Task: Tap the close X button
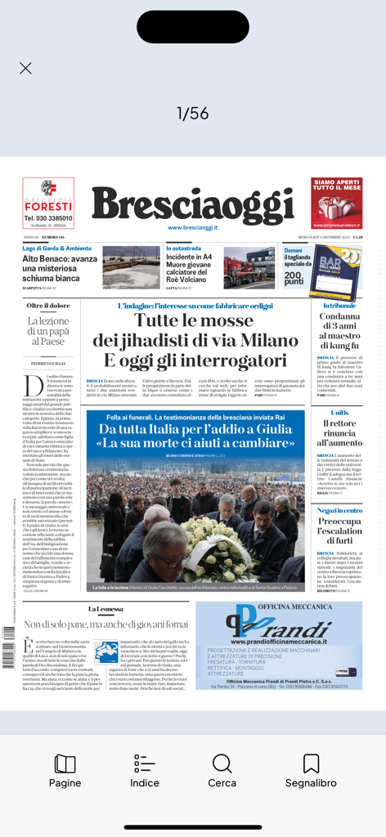click(x=25, y=68)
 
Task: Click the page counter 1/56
click(x=193, y=114)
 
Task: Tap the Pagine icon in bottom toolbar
click(x=65, y=771)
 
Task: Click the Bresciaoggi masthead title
click(x=192, y=204)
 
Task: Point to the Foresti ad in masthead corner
click(x=48, y=203)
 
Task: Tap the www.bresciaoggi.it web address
click(x=192, y=227)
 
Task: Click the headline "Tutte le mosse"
click(x=194, y=320)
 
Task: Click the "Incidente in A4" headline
click(x=189, y=257)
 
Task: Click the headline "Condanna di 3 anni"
click(x=339, y=330)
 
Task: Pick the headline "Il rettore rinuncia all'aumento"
click(x=339, y=432)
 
